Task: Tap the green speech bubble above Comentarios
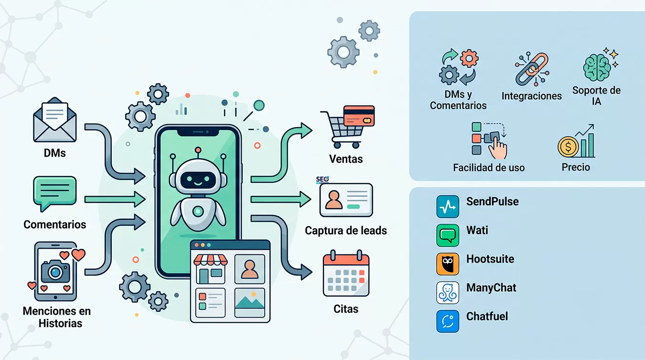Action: click(x=55, y=193)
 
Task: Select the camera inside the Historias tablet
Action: click(x=55, y=271)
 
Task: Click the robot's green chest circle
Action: click(x=198, y=212)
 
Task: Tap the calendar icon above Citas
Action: click(x=346, y=274)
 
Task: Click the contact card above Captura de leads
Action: click(x=346, y=200)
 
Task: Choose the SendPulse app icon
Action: click(x=448, y=207)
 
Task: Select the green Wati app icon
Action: click(x=448, y=235)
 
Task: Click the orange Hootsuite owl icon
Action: click(x=448, y=264)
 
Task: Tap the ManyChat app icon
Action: click(x=448, y=293)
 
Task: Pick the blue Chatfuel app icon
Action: click(x=448, y=321)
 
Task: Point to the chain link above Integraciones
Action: click(x=532, y=69)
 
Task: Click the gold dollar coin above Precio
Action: click(x=568, y=147)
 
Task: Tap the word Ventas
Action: click(x=346, y=159)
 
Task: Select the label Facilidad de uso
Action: click(x=489, y=168)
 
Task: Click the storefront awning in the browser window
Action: click(x=211, y=260)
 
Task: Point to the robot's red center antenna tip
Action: click(x=198, y=149)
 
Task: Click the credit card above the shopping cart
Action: click(x=359, y=116)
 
